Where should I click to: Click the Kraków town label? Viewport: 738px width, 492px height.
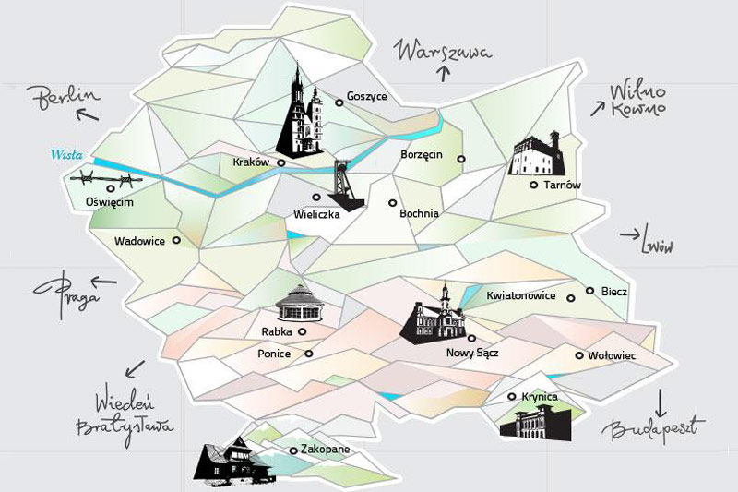coord(251,162)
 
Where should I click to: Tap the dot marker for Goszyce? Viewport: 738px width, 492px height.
coord(339,102)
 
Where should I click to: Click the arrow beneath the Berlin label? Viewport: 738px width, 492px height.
coord(89,115)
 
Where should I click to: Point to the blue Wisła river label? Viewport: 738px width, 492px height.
coord(62,155)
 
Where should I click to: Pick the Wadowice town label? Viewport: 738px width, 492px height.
coord(139,242)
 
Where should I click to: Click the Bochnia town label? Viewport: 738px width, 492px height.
coord(420,214)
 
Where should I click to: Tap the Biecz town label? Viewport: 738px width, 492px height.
coord(614,292)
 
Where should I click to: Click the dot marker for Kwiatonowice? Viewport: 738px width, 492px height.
coord(572,297)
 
